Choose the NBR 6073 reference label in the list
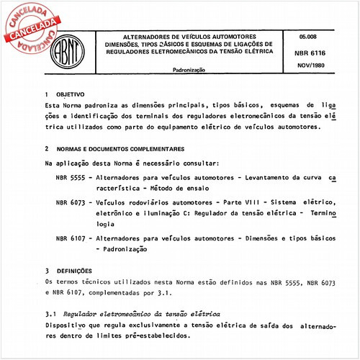[71, 204]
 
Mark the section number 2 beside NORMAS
[46, 148]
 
